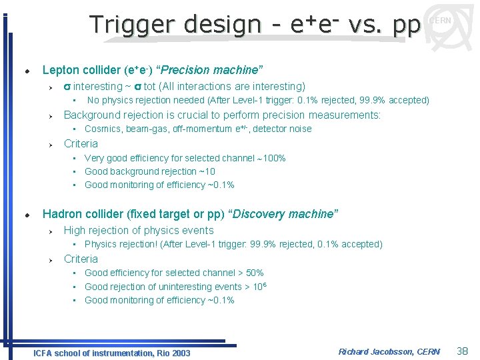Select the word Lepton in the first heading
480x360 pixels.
(x=60, y=70)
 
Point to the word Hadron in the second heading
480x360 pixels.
(x=61, y=214)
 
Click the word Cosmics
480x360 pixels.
(x=103, y=129)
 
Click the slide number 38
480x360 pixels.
(x=463, y=351)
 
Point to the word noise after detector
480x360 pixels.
(x=299, y=129)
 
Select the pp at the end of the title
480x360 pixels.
(x=406, y=25)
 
